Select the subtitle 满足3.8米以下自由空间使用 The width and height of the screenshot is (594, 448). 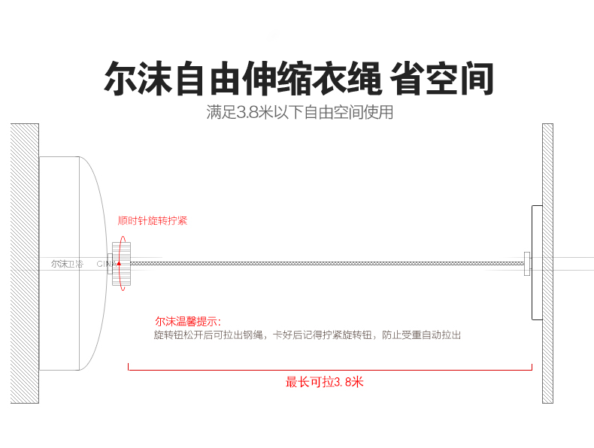pyautogui.click(x=300, y=114)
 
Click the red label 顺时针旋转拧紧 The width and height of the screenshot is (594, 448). pyautogui.click(x=153, y=221)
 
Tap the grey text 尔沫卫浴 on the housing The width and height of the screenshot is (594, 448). pyautogui.click(x=68, y=264)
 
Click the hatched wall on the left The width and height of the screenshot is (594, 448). pyautogui.click(x=24, y=263)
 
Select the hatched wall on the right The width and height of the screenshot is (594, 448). pyautogui.click(x=547, y=263)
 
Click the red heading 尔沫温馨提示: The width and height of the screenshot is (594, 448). pyautogui.click(x=188, y=321)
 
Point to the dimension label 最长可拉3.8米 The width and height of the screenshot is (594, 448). pyautogui.click(x=324, y=381)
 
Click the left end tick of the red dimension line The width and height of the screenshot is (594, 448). pyautogui.click(x=129, y=367)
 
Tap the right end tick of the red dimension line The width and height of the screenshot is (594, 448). pyautogui.click(x=532, y=367)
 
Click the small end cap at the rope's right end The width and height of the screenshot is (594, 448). pyautogui.click(x=527, y=262)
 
